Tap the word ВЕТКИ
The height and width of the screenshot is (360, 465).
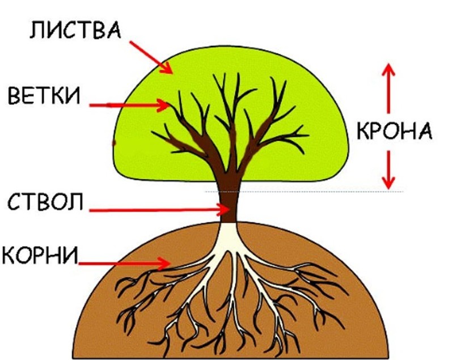click(44, 97)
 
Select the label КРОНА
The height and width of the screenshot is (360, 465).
click(395, 132)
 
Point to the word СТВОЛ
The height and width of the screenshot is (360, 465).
click(46, 201)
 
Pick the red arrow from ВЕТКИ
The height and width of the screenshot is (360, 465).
click(130, 105)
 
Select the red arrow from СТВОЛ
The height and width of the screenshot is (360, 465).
click(159, 210)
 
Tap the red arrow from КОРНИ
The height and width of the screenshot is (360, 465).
click(125, 262)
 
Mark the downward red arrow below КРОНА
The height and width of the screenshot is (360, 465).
click(388, 167)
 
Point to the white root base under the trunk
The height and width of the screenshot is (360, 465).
click(230, 238)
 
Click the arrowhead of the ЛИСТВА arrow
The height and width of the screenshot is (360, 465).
click(167, 69)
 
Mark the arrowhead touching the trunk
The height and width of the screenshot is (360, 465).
click(224, 210)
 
